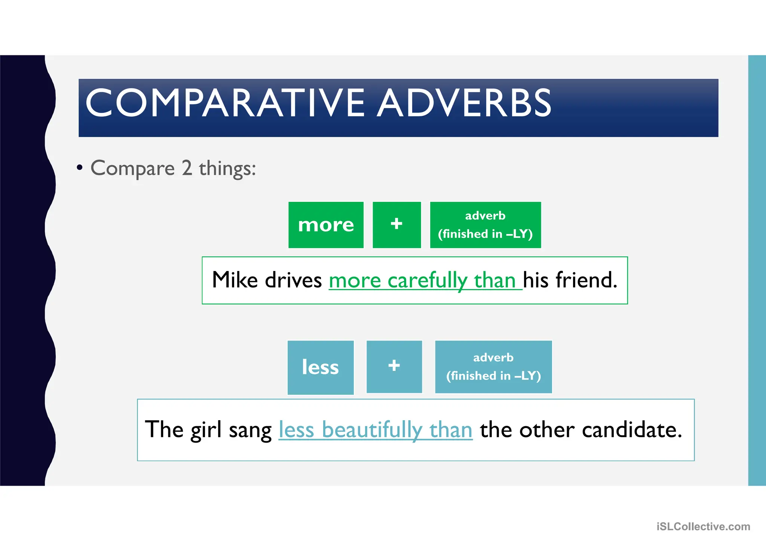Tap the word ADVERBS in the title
(x=464, y=103)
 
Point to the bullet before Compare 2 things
(x=79, y=167)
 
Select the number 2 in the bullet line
(x=187, y=168)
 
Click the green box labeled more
(x=326, y=225)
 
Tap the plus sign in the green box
(x=396, y=224)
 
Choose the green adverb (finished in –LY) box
(x=485, y=225)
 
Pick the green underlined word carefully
(x=428, y=280)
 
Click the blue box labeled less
(x=321, y=367)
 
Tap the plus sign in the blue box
(x=394, y=366)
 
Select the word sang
(x=250, y=430)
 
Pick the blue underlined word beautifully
(x=372, y=430)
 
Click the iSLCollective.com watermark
(x=703, y=526)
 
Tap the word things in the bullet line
(x=227, y=168)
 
